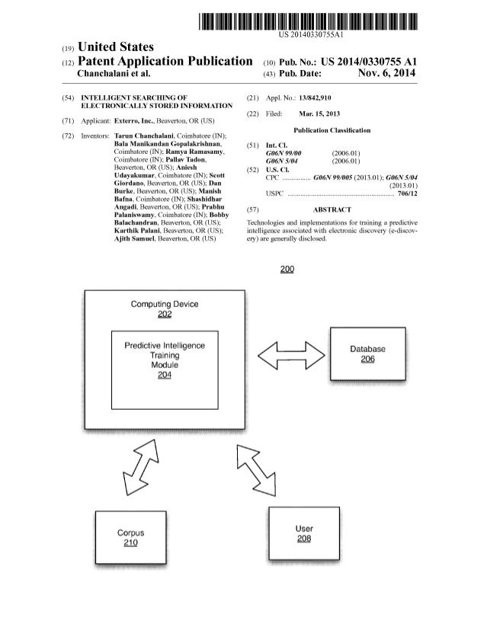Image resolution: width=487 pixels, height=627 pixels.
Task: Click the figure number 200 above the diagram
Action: [x=287, y=268]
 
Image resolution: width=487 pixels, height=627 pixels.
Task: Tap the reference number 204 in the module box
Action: [x=165, y=374]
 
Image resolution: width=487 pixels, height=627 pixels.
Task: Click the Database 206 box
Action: [x=367, y=354]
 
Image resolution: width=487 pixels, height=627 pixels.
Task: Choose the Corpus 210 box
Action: [x=130, y=538]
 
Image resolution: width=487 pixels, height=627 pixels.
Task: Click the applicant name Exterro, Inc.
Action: [x=138, y=121]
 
